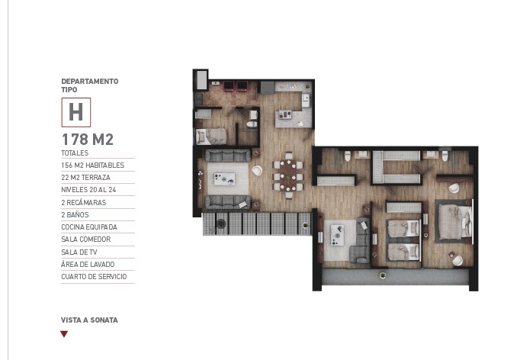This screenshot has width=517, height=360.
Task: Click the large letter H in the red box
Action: pyautogui.click(x=75, y=112)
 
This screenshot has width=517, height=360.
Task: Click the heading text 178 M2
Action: pyautogui.click(x=88, y=140)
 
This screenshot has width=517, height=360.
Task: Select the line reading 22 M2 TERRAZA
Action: pyautogui.click(x=85, y=177)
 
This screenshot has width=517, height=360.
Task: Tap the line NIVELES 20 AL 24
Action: pyautogui.click(x=88, y=190)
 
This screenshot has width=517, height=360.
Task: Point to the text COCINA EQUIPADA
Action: pyautogui.click(x=89, y=227)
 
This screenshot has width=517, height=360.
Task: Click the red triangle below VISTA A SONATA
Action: pyautogui.click(x=64, y=334)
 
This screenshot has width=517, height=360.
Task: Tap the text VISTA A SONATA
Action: pyautogui.click(x=89, y=320)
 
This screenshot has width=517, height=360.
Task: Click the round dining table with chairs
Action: pyautogui.click(x=288, y=175)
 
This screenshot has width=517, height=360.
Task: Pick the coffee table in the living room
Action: pyautogui.click(x=224, y=180)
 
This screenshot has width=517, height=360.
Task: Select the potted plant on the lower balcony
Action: pyautogui.click(x=220, y=223)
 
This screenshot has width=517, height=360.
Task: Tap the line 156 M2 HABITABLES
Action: pyautogui.click(x=92, y=165)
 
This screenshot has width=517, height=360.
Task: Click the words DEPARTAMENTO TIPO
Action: pyautogui.click(x=89, y=85)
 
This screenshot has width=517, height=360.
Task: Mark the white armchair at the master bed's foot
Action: pyautogui.click(x=458, y=260)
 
